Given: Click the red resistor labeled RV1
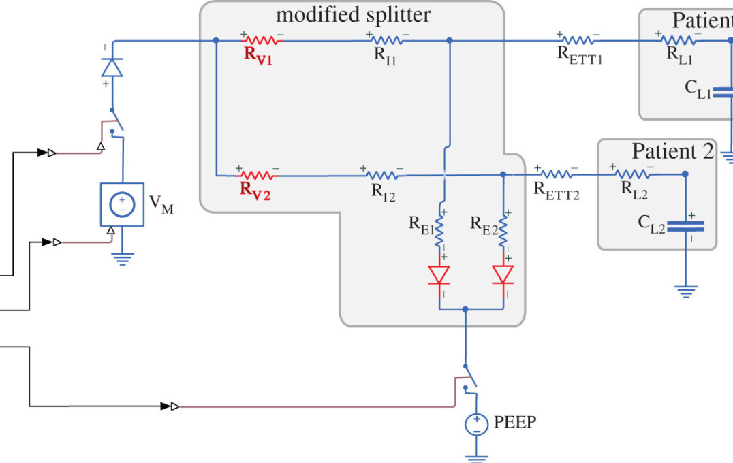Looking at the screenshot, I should click(x=262, y=40).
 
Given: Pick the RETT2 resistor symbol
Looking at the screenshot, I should click(x=555, y=174).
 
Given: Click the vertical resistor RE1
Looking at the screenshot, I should click(x=439, y=232).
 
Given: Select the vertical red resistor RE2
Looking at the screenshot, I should click(x=503, y=232).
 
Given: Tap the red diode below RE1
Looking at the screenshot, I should click(x=439, y=274).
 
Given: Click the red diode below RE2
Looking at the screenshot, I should click(x=503, y=274).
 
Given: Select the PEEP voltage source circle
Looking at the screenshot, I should click(x=476, y=425).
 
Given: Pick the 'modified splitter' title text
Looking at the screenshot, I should click(x=353, y=15).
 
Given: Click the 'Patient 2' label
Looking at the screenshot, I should click(x=672, y=150).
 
